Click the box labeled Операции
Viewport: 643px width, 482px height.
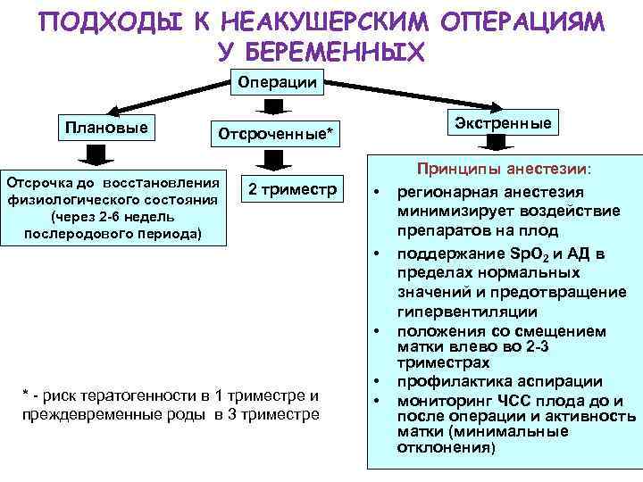[x=275, y=82]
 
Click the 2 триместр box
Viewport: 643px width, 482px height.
[x=291, y=189]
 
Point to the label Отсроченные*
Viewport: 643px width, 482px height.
[x=274, y=135]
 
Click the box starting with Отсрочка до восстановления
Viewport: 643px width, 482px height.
[x=113, y=205]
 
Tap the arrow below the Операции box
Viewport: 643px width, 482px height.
[x=275, y=106]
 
